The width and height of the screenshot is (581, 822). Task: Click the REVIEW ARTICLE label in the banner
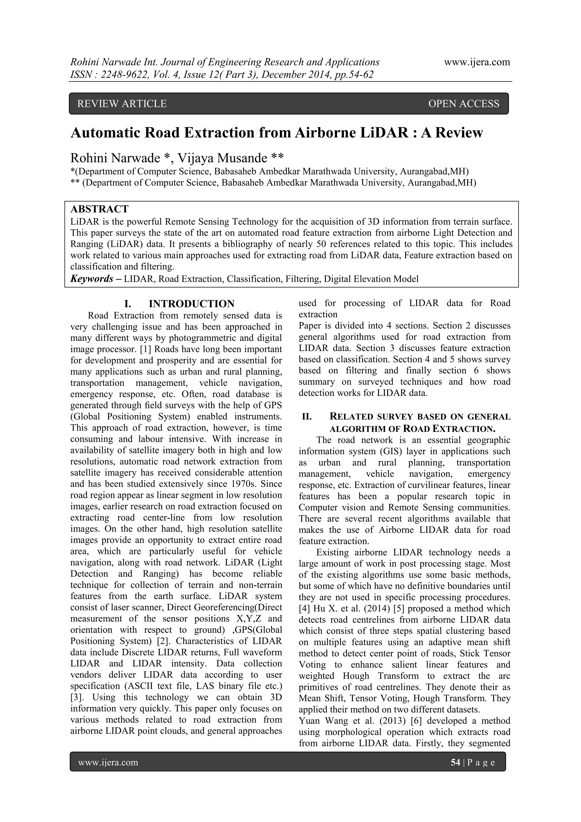tap(122, 104)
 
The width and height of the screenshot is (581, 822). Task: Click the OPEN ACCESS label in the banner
tap(464, 104)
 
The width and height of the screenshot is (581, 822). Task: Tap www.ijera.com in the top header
tap(477, 62)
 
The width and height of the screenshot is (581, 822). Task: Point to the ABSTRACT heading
tap(100, 209)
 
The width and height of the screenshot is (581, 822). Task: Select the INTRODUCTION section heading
tap(191, 304)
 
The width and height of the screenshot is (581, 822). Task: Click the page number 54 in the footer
tap(455, 763)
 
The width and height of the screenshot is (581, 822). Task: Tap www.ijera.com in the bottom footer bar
tap(108, 763)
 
